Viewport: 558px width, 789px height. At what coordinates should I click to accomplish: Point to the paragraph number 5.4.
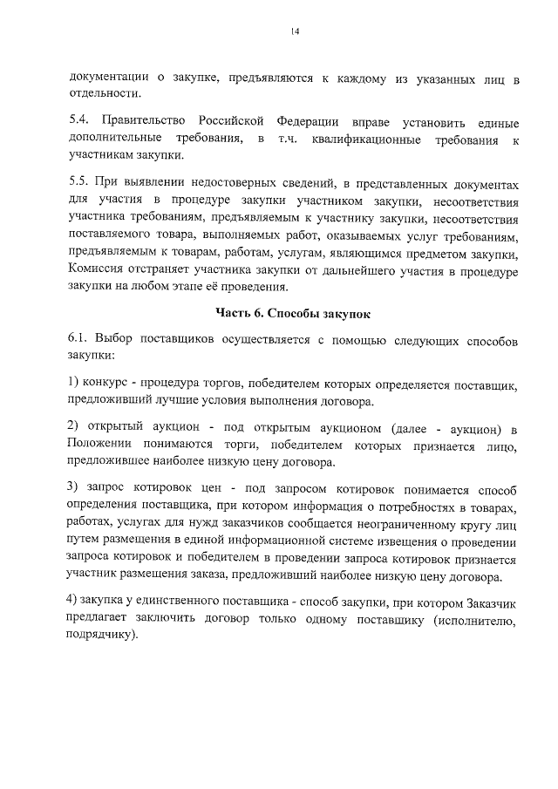[x=78, y=119]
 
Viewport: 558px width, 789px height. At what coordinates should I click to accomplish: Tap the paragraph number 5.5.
[x=78, y=184]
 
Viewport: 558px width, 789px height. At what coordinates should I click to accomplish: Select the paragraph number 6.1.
[x=78, y=338]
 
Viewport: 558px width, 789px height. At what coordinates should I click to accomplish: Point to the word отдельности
[x=104, y=94]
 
